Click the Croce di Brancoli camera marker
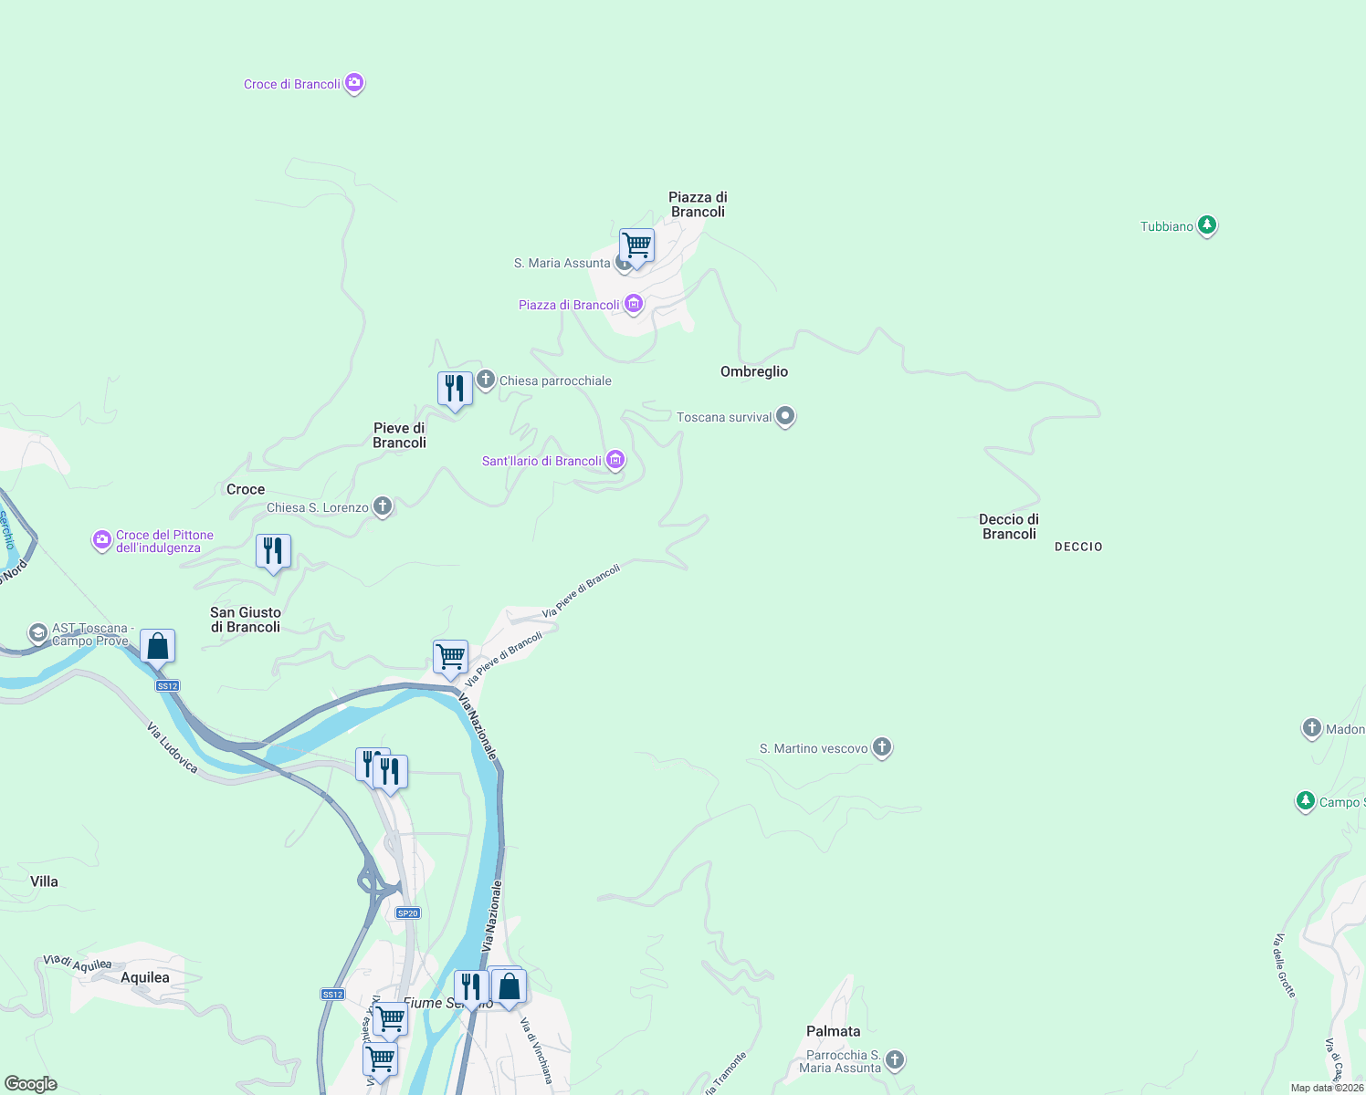tap(354, 83)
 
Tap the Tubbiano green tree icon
tap(1206, 224)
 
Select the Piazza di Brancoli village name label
tap(698, 204)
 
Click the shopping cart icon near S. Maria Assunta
tap(636, 245)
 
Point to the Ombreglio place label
tap(754, 371)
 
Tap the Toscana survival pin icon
tap(785, 417)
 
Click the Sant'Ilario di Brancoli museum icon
tap(615, 460)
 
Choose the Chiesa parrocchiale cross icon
tap(486, 380)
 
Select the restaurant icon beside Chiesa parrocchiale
tap(455, 389)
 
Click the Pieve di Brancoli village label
tap(399, 435)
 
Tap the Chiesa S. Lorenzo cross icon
tap(383, 506)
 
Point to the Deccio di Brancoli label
tap(1009, 527)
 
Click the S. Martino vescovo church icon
tap(881, 747)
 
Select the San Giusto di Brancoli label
tap(246, 620)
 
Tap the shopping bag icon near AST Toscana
tap(157, 646)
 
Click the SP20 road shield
tap(407, 912)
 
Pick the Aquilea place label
tap(145, 977)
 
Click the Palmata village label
tap(833, 1031)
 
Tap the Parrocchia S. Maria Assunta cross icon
tap(895, 1059)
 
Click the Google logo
tap(31, 1084)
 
